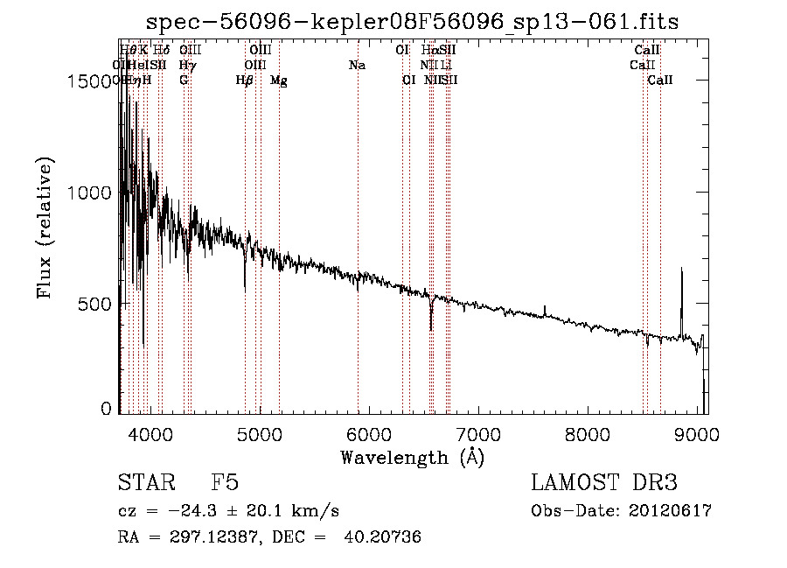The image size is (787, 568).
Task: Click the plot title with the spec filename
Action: click(412, 22)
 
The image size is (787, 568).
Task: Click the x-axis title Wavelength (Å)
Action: click(412, 457)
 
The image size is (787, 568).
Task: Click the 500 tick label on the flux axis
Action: click(98, 304)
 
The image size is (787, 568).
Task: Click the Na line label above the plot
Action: click(357, 65)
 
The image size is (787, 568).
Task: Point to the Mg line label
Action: click(279, 81)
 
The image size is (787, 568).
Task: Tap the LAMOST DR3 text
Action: click(603, 483)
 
